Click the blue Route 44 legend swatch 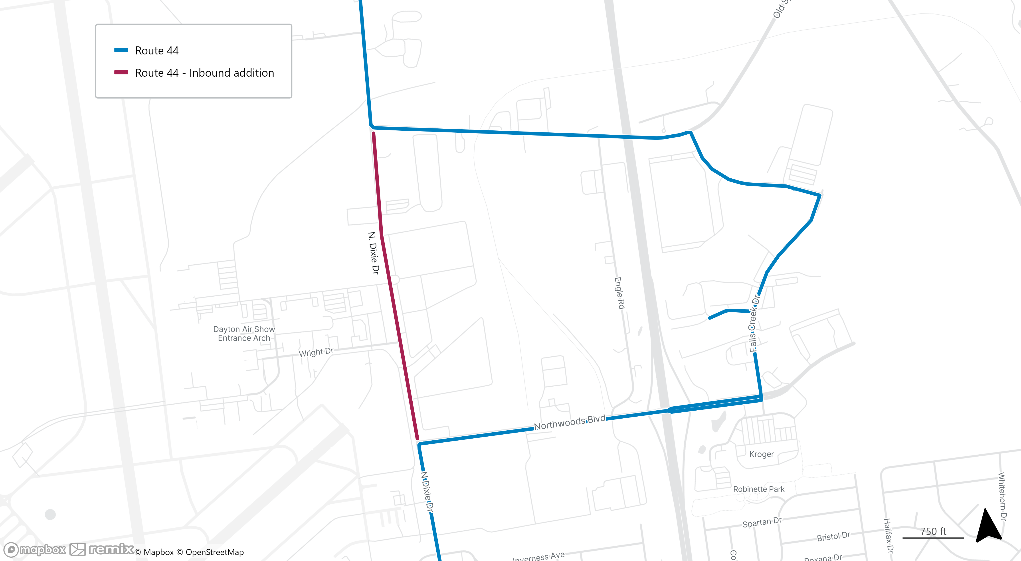click(121, 50)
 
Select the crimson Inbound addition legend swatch click(121, 72)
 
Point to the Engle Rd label click(619, 293)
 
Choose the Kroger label click(761, 454)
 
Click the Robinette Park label click(759, 489)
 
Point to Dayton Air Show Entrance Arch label click(244, 334)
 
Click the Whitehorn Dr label click(1002, 496)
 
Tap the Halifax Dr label click(888, 536)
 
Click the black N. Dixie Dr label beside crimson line click(373, 253)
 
